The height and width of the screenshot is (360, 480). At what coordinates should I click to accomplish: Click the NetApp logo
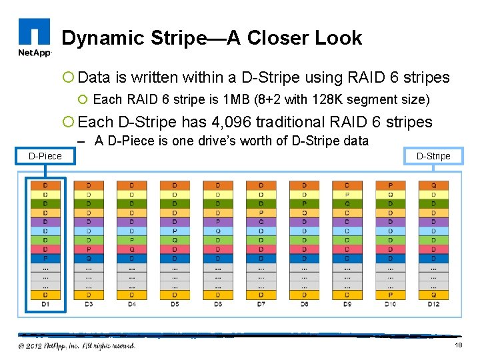(x=34, y=38)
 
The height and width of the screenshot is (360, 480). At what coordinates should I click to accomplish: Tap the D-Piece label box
(x=45, y=156)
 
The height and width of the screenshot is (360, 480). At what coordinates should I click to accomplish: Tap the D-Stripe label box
(x=433, y=156)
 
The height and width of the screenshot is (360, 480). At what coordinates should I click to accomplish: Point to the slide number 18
(x=458, y=345)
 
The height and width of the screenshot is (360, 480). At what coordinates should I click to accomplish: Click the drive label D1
(x=45, y=304)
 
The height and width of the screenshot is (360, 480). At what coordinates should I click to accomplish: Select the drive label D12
(x=433, y=304)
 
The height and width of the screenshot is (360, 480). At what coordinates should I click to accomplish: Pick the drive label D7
(x=261, y=304)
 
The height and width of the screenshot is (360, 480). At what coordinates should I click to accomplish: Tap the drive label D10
(x=390, y=304)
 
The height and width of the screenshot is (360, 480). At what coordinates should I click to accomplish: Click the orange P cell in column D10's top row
(x=390, y=185)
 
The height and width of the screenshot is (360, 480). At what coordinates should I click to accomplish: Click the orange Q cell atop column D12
(x=433, y=185)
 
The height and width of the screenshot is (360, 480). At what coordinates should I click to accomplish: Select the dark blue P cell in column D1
(x=45, y=258)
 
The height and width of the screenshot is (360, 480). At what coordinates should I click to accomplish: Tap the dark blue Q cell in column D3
(x=88, y=258)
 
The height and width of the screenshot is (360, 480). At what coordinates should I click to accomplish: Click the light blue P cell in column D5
(x=175, y=231)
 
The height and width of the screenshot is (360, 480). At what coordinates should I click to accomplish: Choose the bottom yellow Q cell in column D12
(x=433, y=294)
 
